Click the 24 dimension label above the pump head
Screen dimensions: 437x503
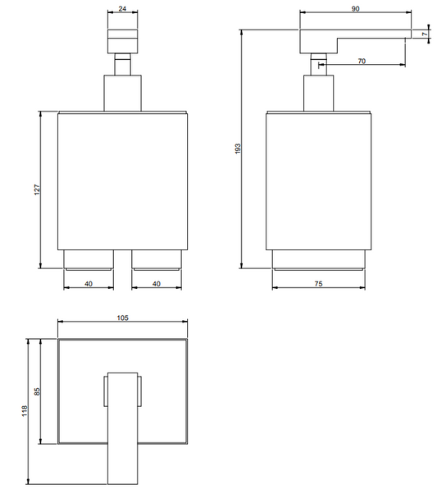click(x=122, y=9)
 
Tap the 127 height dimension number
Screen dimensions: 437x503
click(x=37, y=190)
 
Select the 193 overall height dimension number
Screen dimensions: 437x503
click(x=238, y=149)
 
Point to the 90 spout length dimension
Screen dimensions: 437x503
click(x=355, y=9)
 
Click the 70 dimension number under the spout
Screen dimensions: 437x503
click(x=362, y=61)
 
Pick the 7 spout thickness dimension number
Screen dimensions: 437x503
click(x=426, y=34)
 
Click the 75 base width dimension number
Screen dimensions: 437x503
click(x=318, y=284)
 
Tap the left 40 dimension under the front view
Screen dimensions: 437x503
click(x=89, y=284)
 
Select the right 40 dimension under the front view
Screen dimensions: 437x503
click(x=156, y=284)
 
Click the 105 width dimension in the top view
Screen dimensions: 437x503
click(x=122, y=318)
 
